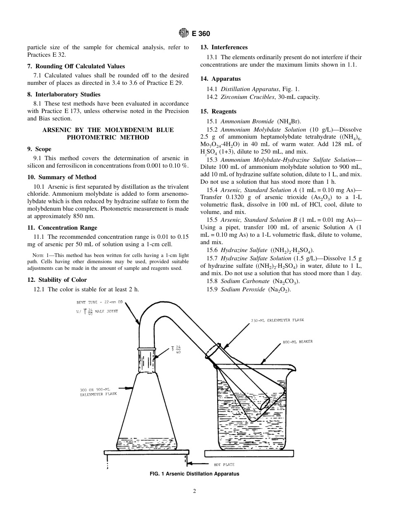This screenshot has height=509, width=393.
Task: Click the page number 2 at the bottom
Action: point(194,491)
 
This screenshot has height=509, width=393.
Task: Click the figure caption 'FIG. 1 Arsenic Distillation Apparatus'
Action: point(194,474)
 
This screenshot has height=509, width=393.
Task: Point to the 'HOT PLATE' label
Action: point(224,465)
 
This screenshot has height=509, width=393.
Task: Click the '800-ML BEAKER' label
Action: point(297,342)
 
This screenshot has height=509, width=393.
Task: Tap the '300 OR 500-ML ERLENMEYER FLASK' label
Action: point(98,392)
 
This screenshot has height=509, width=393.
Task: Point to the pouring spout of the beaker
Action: point(292,367)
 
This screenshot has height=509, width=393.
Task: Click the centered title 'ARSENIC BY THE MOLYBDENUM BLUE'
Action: point(108,130)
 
